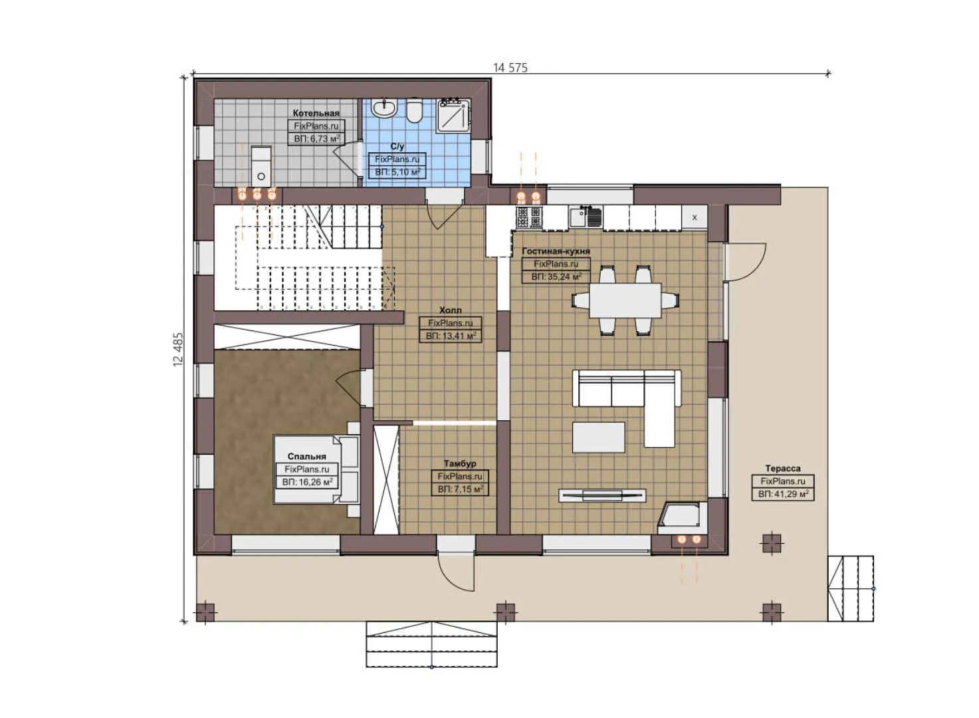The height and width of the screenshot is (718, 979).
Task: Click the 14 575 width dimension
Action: click(x=510, y=67)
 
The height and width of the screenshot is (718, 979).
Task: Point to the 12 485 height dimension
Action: click(x=178, y=349)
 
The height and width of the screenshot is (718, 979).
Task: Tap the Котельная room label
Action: click(x=316, y=113)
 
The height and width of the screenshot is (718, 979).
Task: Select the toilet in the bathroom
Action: click(x=414, y=110)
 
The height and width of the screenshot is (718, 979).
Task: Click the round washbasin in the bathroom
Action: click(x=384, y=108)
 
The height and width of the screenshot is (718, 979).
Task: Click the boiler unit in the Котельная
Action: click(x=261, y=166)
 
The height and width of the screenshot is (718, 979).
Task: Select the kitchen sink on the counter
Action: click(x=586, y=216)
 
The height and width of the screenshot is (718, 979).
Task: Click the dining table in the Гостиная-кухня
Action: click(x=625, y=300)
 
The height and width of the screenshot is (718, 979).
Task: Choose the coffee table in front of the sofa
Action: click(x=598, y=437)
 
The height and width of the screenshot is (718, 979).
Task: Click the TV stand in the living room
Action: click(x=601, y=495)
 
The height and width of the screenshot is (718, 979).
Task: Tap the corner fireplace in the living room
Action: click(x=679, y=517)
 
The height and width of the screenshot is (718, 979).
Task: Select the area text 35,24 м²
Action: click(x=556, y=277)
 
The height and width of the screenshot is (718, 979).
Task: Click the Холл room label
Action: click(x=450, y=310)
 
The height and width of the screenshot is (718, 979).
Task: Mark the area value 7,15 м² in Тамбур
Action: click(x=460, y=489)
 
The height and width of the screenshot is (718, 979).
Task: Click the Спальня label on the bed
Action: click(x=306, y=457)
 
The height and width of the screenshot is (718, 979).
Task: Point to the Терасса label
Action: click(x=782, y=469)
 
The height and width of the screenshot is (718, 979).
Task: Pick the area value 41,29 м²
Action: click(x=783, y=494)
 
